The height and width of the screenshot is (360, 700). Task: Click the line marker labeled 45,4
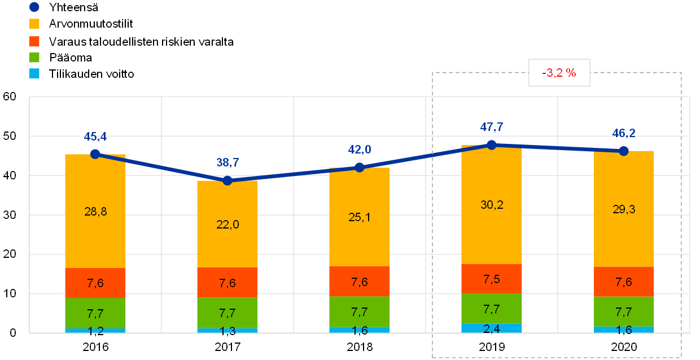95,154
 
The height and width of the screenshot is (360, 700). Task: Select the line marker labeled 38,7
228,181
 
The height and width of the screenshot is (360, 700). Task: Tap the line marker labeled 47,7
492,145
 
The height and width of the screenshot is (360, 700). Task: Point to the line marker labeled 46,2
624,151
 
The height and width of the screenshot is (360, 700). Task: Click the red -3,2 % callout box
559,73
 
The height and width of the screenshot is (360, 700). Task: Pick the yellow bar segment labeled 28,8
95,212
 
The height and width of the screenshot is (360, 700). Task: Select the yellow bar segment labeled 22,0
228,224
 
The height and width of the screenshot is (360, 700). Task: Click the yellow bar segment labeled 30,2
492,205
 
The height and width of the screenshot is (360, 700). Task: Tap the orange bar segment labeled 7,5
492,279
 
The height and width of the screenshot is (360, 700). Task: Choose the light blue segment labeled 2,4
492,328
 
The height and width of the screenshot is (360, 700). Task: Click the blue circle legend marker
34,7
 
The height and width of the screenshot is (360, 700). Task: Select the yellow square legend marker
34,24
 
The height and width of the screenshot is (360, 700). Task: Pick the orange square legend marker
34,41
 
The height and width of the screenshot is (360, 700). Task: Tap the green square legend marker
34,57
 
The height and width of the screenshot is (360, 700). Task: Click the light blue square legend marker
34,73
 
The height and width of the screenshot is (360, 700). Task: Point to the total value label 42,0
359,150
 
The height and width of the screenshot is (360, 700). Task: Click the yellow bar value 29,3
624,209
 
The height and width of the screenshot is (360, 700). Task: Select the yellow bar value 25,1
359,217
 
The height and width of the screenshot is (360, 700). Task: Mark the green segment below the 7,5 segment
492,309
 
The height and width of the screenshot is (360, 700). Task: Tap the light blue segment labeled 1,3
228,330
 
